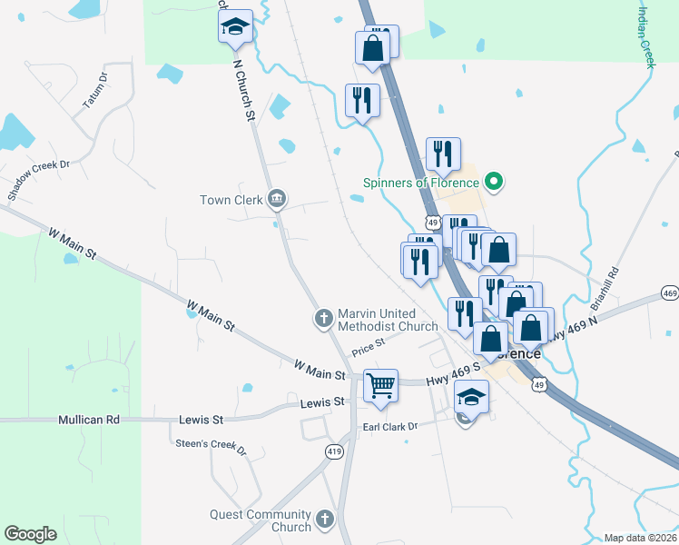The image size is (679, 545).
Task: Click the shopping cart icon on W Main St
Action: [x=380, y=384]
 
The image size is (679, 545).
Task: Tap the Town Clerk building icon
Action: [x=278, y=199]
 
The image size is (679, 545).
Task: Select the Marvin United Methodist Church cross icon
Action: [x=322, y=318]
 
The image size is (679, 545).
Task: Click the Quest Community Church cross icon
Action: [x=325, y=520]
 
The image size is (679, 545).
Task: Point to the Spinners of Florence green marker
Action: [x=494, y=183]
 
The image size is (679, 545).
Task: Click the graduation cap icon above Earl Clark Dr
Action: [x=471, y=396]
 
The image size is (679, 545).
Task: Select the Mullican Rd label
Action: [x=89, y=420]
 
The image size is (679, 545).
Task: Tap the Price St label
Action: [x=369, y=345]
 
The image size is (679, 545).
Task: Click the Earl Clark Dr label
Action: [x=389, y=425]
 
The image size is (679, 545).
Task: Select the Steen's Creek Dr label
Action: [x=211, y=445]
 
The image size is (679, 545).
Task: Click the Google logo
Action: [x=30, y=534]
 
